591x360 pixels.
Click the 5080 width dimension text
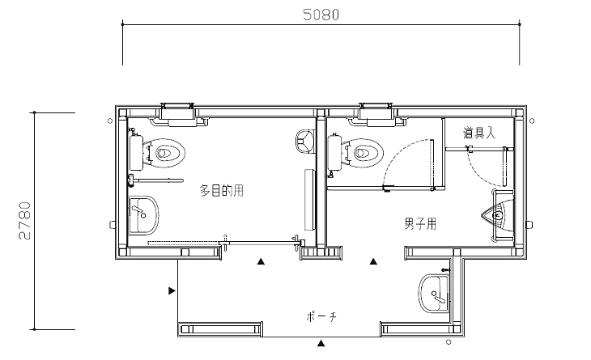(x=321, y=14)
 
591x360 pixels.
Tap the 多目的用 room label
(x=222, y=191)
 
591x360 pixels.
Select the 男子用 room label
(x=420, y=224)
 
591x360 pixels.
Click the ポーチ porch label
(x=322, y=316)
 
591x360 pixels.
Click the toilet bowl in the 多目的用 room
(x=168, y=152)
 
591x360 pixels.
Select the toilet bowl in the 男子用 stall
(x=365, y=151)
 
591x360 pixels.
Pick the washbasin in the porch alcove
(x=435, y=290)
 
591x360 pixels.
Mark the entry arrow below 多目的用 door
(x=261, y=261)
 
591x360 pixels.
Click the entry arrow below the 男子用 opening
(x=374, y=261)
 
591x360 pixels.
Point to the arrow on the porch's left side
(x=172, y=290)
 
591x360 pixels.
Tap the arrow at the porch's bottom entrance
(x=321, y=344)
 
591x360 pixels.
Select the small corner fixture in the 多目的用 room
(x=304, y=141)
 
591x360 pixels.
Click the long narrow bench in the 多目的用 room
(x=308, y=199)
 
